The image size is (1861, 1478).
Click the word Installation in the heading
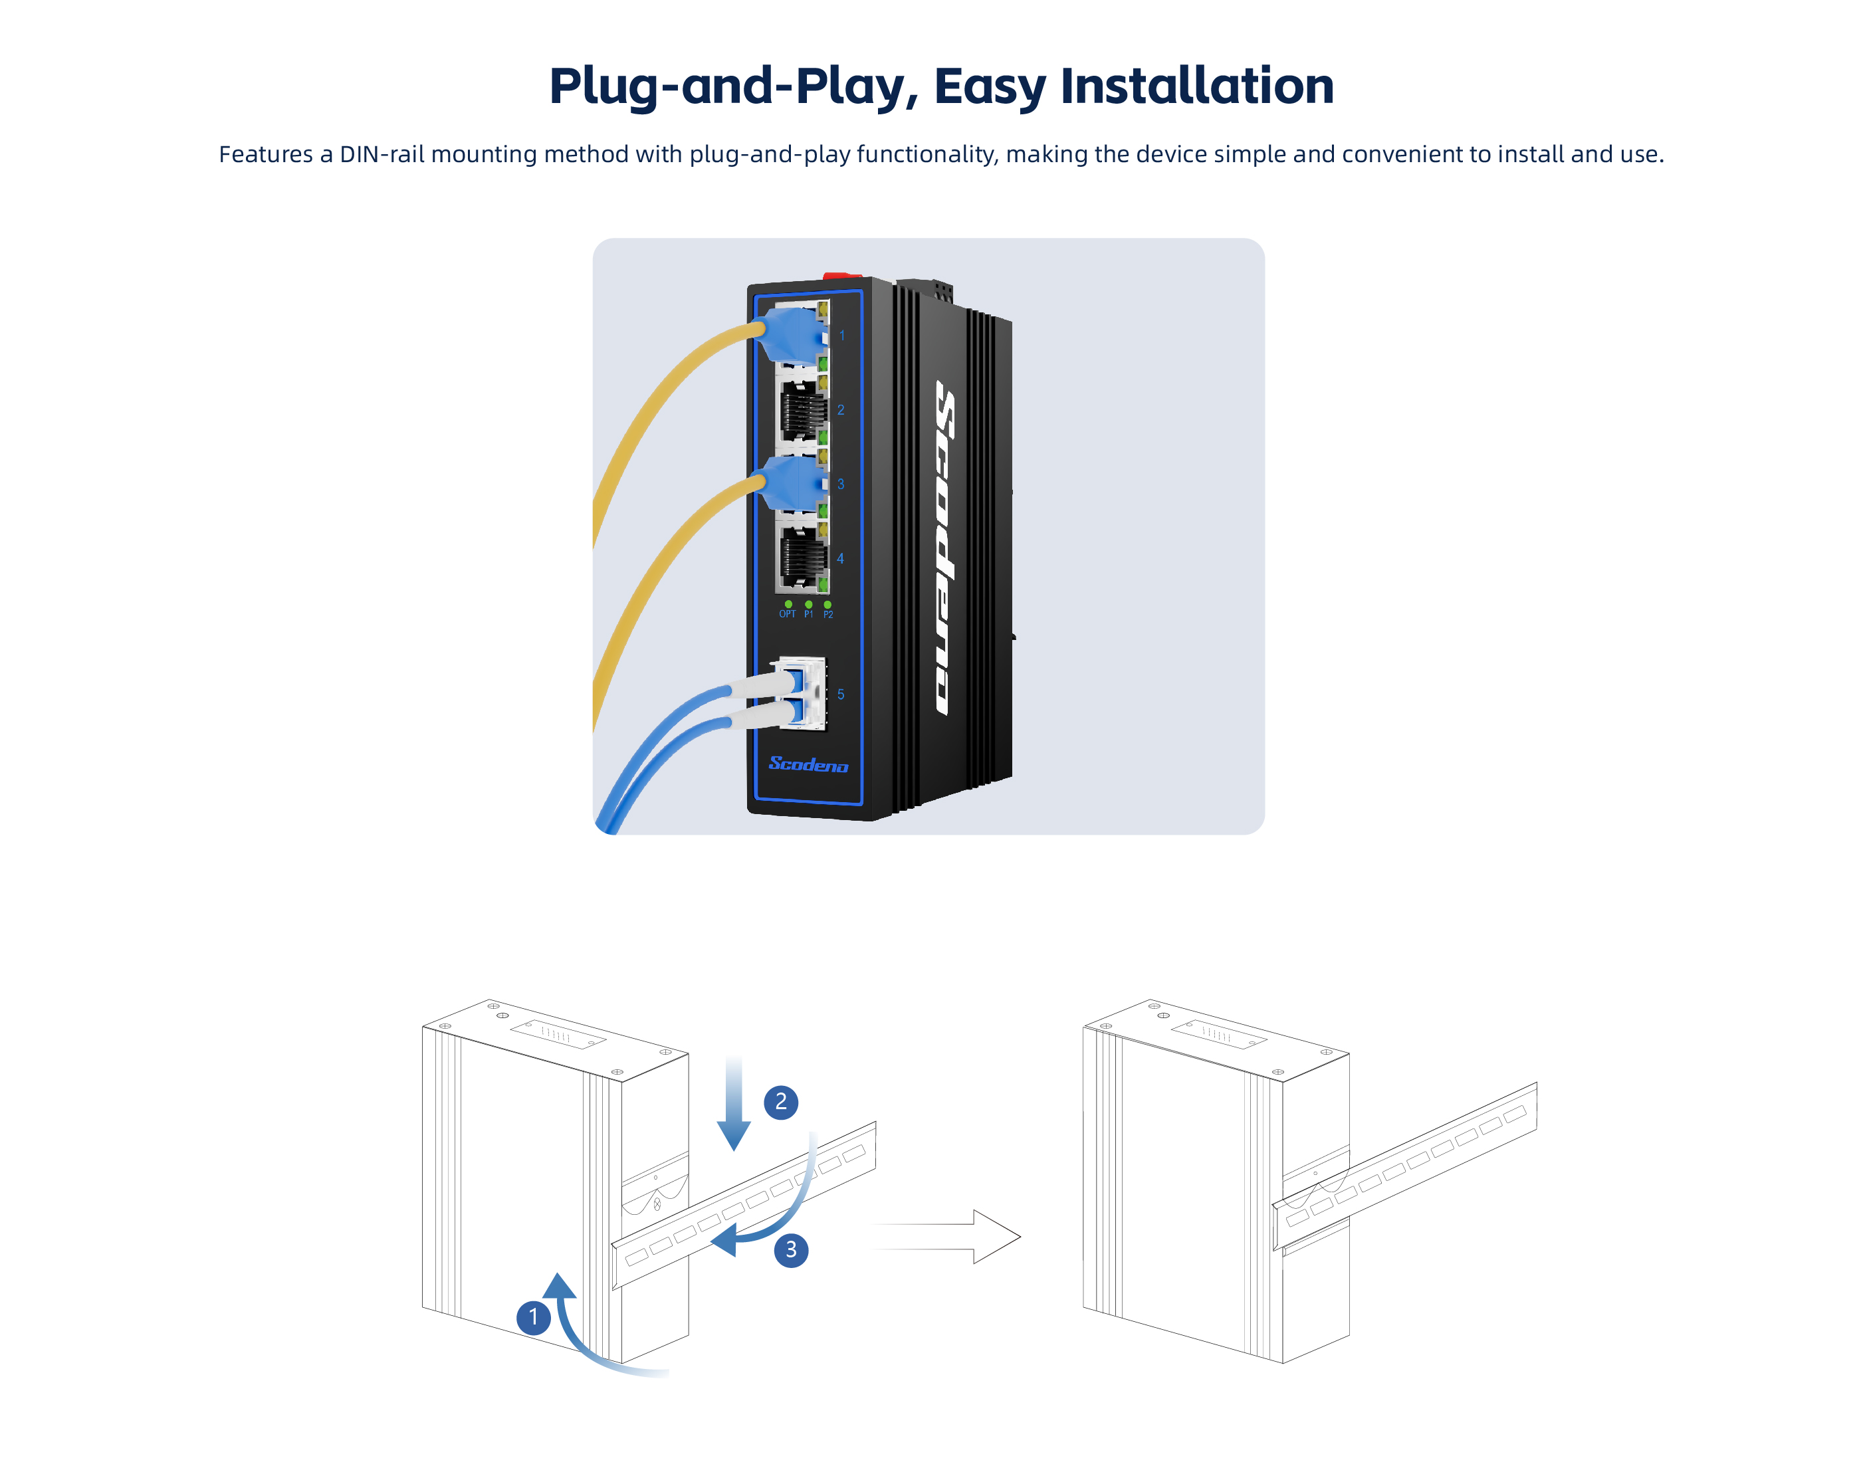[1196, 86]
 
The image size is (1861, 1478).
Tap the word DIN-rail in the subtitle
[382, 155]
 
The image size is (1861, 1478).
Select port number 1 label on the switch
[843, 336]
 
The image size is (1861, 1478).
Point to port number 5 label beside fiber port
[841, 694]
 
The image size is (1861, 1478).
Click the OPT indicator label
[787, 614]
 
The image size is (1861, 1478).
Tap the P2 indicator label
[827, 614]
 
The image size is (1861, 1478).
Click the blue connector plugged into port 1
[790, 334]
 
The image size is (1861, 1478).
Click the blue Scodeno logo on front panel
[808, 765]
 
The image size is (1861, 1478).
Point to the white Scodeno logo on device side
[945, 548]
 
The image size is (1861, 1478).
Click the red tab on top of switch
[841, 277]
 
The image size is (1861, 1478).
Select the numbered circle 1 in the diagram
[534, 1317]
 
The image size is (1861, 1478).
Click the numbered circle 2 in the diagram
[781, 1102]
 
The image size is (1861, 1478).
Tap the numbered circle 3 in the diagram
[791, 1250]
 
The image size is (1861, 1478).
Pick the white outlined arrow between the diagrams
[950, 1236]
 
